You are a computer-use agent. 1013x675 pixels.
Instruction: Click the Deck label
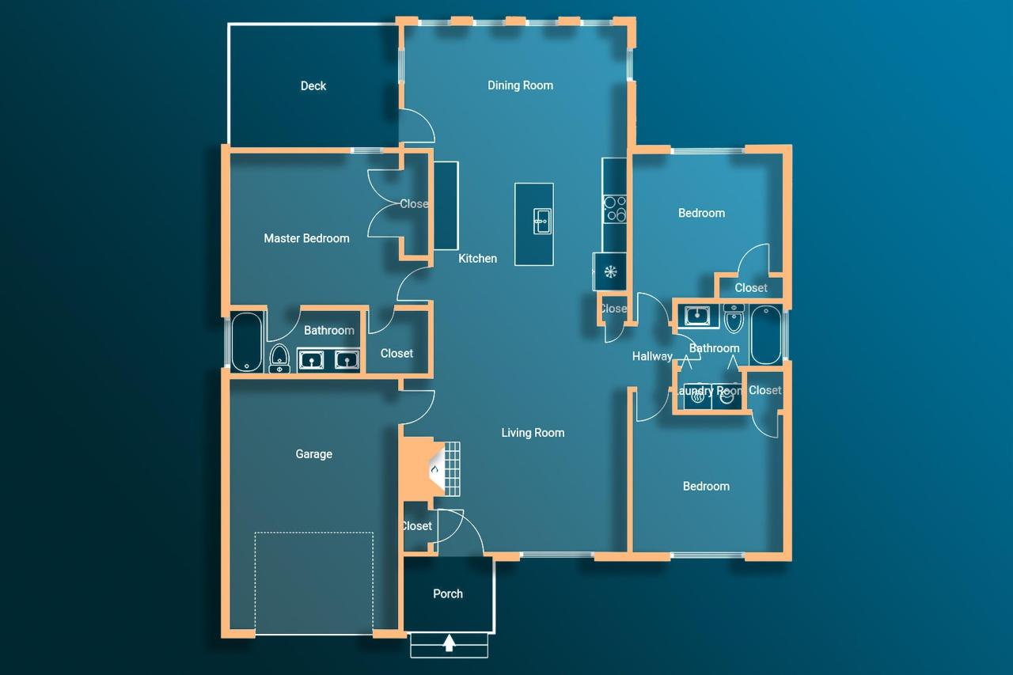(x=313, y=86)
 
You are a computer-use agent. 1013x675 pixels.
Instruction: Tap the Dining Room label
(x=520, y=85)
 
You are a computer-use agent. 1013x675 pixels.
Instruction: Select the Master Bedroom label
(x=306, y=238)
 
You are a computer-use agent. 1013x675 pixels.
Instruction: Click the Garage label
(x=313, y=454)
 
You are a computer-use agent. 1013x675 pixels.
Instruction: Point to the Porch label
(x=448, y=593)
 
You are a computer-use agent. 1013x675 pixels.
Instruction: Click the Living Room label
(x=533, y=433)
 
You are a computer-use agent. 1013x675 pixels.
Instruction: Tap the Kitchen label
(x=478, y=259)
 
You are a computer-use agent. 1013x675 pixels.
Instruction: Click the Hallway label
(x=652, y=357)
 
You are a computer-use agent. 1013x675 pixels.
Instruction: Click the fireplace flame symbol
(x=434, y=471)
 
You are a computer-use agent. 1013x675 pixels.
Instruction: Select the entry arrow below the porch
(x=449, y=643)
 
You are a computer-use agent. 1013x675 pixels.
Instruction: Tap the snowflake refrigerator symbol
(x=610, y=272)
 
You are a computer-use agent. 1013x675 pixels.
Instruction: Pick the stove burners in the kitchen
(x=615, y=208)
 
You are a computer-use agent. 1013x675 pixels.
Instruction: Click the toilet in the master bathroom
(x=279, y=358)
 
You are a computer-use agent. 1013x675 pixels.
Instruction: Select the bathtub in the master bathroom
(x=246, y=342)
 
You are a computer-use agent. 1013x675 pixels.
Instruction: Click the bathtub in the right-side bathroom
(x=765, y=335)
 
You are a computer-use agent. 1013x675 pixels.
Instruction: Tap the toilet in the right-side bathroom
(x=734, y=319)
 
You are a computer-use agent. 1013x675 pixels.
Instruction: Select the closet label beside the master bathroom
(x=396, y=354)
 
